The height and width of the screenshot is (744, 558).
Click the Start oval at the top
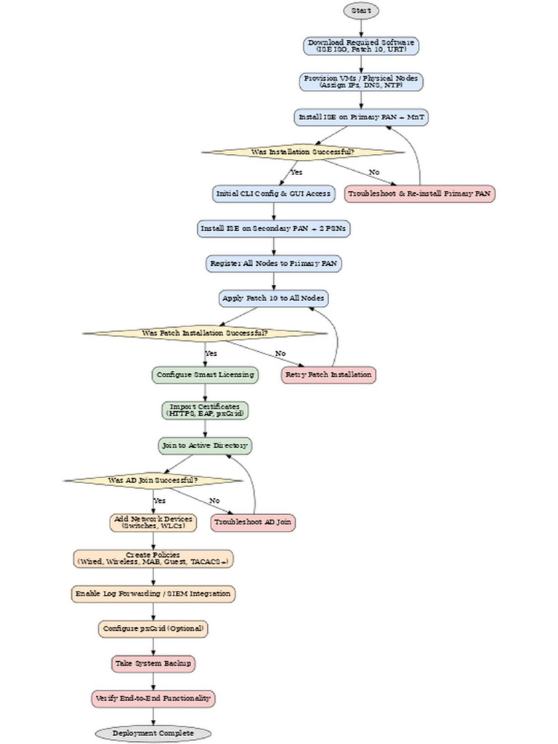(x=361, y=11)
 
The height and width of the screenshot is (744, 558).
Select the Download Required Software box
(x=361, y=46)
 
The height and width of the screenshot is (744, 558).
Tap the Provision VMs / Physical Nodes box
(x=361, y=81)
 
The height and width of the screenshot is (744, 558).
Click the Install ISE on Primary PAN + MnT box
(x=361, y=117)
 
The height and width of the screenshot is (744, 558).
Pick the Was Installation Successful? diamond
(x=302, y=153)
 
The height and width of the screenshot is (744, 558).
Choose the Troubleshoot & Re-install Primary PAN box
(x=421, y=194)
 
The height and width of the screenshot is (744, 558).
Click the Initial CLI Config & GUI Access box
(x=274, y=194)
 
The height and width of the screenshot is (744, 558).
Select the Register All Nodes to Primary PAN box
(x=274, y=264)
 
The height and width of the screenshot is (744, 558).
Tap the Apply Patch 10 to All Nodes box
(x=274, y=299)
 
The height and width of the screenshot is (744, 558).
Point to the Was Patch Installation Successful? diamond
(x=205, y=333)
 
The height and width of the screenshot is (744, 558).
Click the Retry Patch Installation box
(x=328, y=375)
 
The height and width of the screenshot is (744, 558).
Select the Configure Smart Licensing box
(x=205, y=375)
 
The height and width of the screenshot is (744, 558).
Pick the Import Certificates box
(x=205, y=411)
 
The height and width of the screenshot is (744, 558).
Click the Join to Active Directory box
(x=205, y=445)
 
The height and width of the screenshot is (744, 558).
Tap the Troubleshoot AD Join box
(x=254, y=522)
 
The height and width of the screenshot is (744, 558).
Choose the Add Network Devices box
(x=153, y=522)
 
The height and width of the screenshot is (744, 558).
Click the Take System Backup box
(x=153, y=663)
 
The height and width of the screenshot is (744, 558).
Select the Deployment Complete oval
(x=153, y=733)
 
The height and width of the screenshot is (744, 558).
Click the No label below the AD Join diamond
(x=214, y=501)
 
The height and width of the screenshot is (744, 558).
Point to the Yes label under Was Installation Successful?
(x=296, y=172)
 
